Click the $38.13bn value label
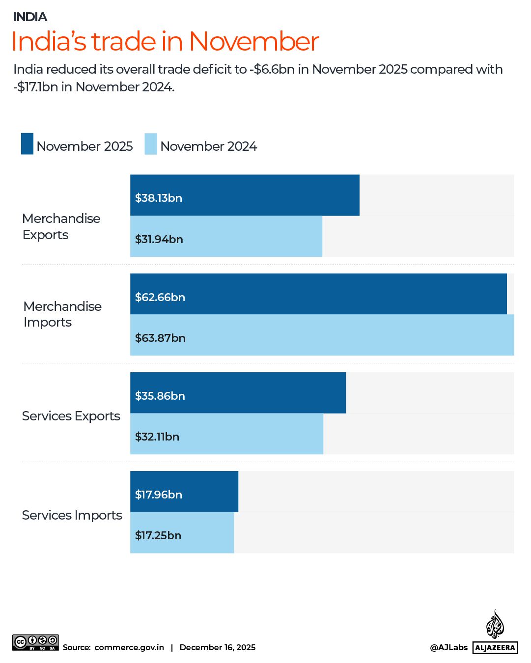pyautogui.click(x=159, y=198)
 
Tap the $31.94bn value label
pyautogui.click(x=159, y=239)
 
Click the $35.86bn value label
pyautogui.click(x=160, y=396)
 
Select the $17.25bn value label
pyautogui.click(x=158, y=535)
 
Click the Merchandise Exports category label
pyautogui.click(x=61, y=226)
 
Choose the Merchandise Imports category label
pyautogui.click(x=62, y=314)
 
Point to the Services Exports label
pyautogui.click(x=71, y=416)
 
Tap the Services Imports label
pyautogui.click(x=72, y=515)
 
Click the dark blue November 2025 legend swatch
pyautogui.click(x=27, y=144)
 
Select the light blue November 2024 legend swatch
pyautogui.click(x=151, y=144)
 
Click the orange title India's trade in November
pyautogui.click(x=165, y=41)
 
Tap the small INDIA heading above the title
pyautogui.click(x=30, y=17)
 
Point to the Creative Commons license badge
pyautogui.click(x=36, y=642)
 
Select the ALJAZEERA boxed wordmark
pyautogui.click(x=495, y=648)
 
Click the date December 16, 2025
pyautogui.click(x=218, y=647)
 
